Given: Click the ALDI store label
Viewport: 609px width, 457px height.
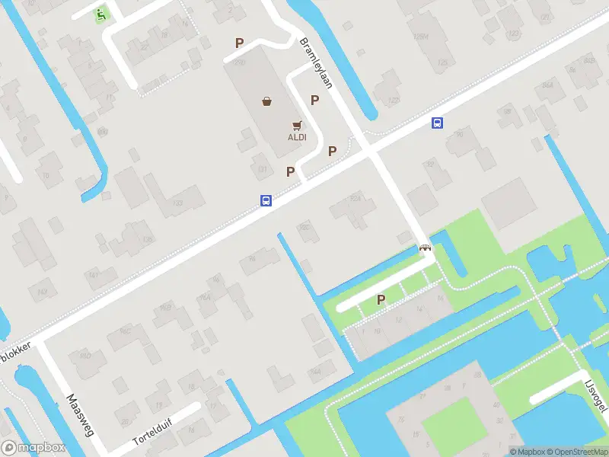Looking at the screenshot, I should point(297,138).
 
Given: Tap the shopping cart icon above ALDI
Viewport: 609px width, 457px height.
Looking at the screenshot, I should point(297,126).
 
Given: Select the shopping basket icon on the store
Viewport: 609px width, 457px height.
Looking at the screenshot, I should point(267,101).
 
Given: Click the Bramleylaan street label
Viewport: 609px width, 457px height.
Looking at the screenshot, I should point(316,63).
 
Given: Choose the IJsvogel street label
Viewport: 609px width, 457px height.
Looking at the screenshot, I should point(596,396).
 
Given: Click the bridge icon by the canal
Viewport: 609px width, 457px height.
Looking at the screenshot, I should point(425,248).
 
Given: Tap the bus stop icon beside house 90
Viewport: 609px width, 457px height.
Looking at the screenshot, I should point(438,123).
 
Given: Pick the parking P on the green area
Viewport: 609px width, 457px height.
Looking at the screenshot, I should point(381,300).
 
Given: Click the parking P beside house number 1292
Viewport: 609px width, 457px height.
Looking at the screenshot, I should point(240,43).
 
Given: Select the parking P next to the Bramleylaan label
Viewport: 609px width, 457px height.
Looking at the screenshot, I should point(314,99).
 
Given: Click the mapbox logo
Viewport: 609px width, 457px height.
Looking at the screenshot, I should point(34,448).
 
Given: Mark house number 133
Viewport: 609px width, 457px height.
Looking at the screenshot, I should point(178,203).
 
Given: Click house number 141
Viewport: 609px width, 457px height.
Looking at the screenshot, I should point(93,274).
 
